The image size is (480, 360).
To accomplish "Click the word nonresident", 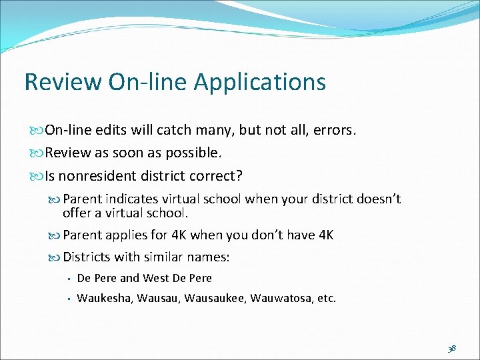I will (97, 176).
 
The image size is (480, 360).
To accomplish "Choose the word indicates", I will (133, 199).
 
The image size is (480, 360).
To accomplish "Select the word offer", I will (77, 213).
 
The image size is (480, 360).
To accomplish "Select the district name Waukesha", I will (105, 299).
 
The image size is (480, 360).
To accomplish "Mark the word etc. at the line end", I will (327, 299).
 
